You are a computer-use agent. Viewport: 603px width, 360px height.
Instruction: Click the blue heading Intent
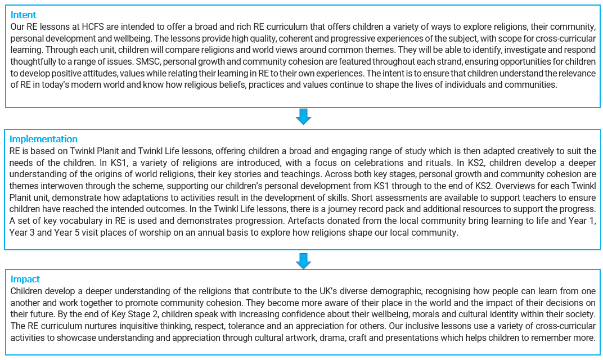click(x=24, y=15)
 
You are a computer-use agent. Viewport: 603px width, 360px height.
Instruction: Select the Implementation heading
click(x=43, y=139)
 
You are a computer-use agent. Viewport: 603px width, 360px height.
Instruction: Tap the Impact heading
click(x=25, y=279)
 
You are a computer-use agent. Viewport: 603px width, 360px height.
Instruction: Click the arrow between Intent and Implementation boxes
click(x=303, y=116)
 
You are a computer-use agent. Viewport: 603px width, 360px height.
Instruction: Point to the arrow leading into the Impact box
click(x=303, y=261)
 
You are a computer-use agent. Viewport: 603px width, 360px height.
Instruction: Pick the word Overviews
click(x=507, y=186)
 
